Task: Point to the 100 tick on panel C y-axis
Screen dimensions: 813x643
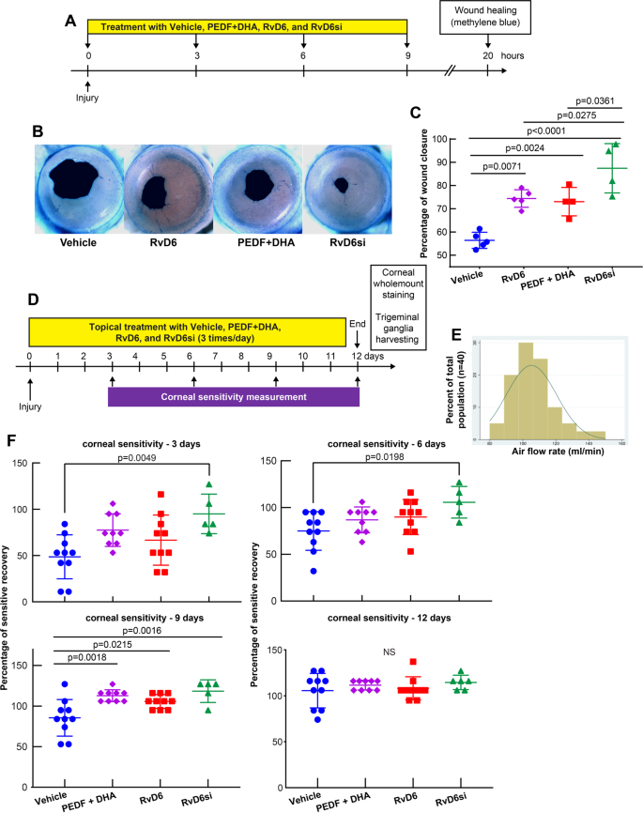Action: [438, 139]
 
